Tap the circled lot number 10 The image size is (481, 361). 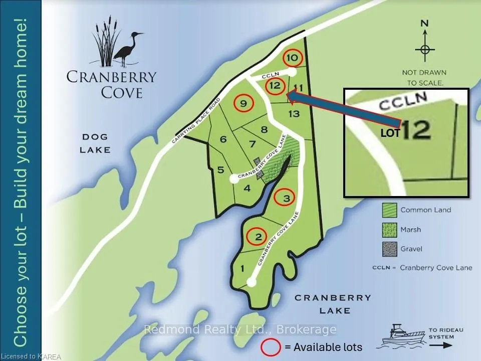coord(293,58)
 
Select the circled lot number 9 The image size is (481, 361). coord(244,103)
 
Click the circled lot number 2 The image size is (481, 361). coord(258,237)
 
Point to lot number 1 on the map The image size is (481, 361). coord(243,269)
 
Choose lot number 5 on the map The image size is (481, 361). coord(220,170)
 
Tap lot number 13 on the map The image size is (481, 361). coord(294,114)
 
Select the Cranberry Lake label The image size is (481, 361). coord(333,304)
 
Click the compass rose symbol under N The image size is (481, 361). coord(425,50)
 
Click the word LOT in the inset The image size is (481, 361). coord(390,134)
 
